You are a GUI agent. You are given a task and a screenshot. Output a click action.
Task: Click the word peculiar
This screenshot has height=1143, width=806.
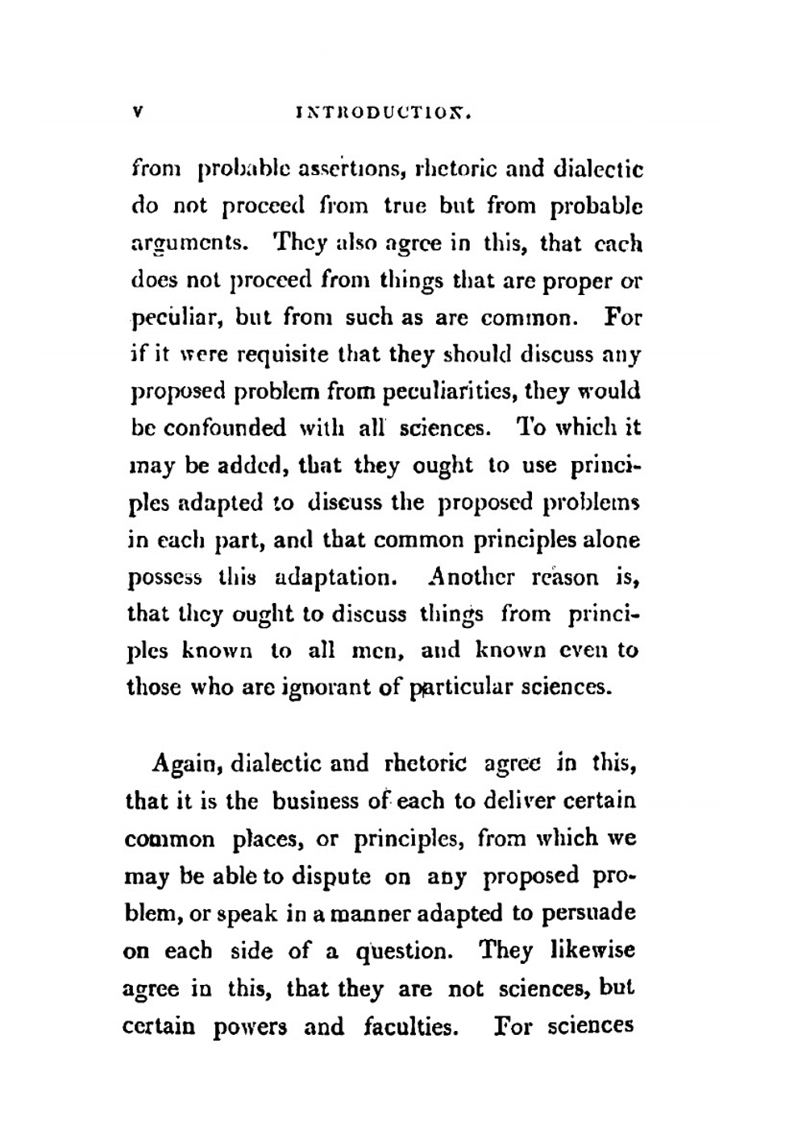click(x=172, y=318)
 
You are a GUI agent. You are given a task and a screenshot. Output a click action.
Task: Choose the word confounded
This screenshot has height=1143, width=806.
click(x=225, y=428)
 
